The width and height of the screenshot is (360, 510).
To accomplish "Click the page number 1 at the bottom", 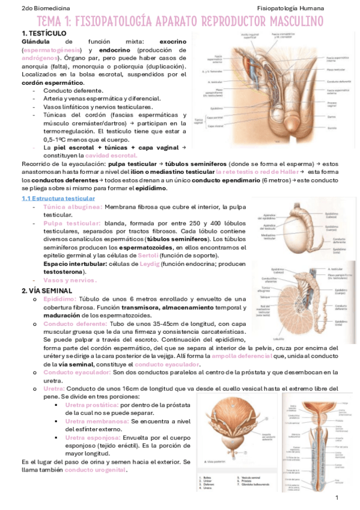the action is (337, 497).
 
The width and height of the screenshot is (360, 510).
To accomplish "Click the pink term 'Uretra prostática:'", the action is (92, 405).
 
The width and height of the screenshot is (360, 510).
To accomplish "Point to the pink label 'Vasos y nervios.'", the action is (70, 280).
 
